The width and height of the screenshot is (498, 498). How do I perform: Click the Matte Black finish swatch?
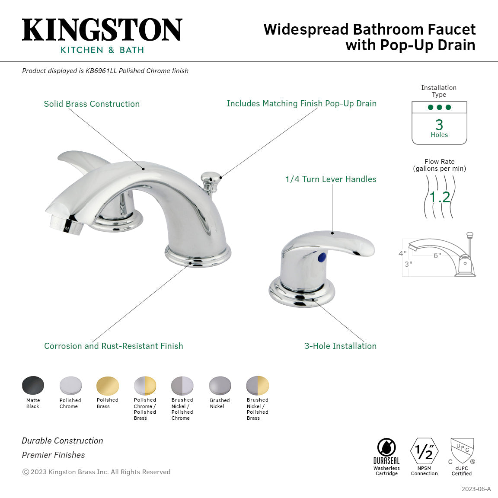point(33,386)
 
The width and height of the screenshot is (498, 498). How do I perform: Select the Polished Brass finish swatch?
point(108,386)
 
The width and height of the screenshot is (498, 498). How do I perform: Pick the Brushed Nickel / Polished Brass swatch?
point(257,386)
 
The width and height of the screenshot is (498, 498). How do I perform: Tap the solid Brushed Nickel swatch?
point(220,386)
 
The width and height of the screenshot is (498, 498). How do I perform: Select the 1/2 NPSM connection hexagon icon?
point(424,451)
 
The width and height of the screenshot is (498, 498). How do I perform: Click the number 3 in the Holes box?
point(439,125)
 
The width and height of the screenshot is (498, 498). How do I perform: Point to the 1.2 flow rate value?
point(440,197)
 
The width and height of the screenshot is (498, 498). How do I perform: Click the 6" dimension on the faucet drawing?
point(437,255)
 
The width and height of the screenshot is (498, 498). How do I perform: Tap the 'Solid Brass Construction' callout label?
point(92,104)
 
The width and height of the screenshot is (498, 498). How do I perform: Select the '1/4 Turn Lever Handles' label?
point(331,179)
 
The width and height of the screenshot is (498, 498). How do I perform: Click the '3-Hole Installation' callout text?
point(340,346)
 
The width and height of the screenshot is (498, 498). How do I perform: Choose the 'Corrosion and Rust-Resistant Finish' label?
point(113,346)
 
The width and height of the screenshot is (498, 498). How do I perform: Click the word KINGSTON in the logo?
point(102,30)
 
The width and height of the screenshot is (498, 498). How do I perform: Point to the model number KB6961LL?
point(101,71)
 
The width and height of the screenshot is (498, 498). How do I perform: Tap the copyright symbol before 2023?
point(26,472)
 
